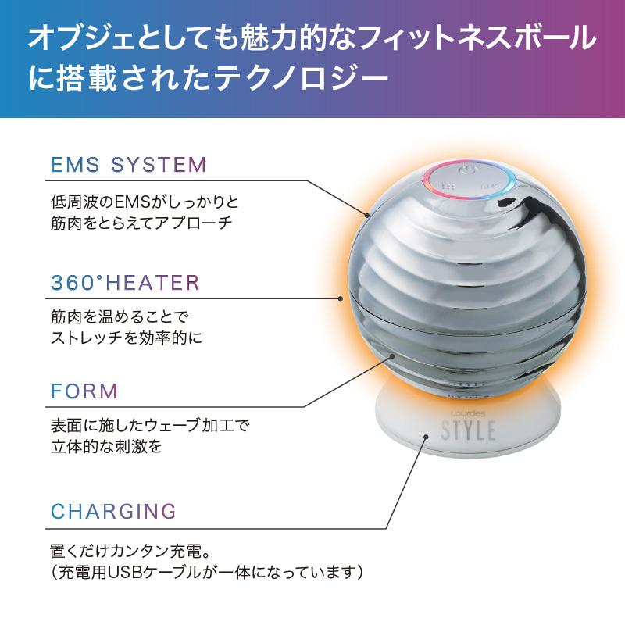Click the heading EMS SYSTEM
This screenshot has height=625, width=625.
[128, 166]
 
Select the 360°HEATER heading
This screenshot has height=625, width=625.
[125, 283]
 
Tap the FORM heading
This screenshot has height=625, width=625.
[84, 391]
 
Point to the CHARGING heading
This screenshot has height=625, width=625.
[113, 512]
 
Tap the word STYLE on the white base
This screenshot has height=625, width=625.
[469, 430]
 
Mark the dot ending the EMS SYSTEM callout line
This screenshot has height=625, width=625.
[366, 212]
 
